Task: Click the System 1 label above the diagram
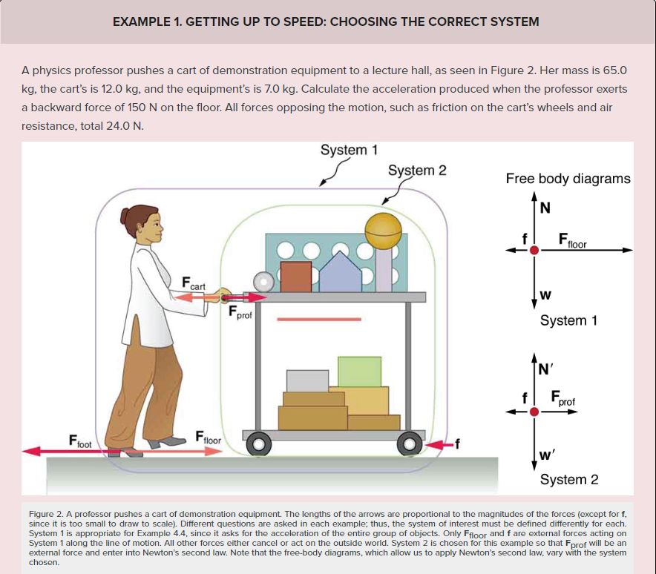pyautogui.click(x=349, y=150)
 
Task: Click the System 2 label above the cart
pyautogui.click(x=417, y=171)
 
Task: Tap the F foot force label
pyautogui.click(x=79, y=440)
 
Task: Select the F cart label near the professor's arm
pyautogui.click(x=194, y=283)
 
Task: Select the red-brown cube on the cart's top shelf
pyautogui.click(x=295, y=276)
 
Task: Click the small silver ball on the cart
pyautogui.click(x=263, y=281)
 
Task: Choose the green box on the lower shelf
pyautogui.click(x=359, y=372)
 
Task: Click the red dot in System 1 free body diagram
pyautogui.click(x=534, y=250)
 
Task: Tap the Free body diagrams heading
pyautogui.click(x=568, y=179)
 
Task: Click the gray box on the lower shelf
pyautogui.click(x=307, y=380)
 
